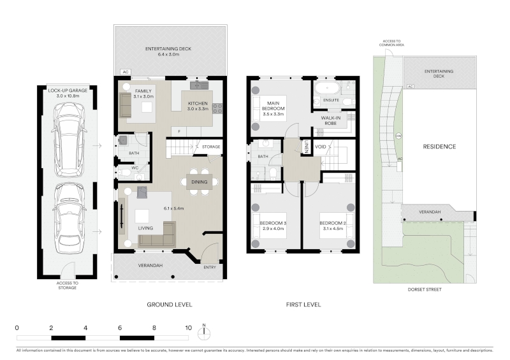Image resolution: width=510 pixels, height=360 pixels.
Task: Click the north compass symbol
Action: (x=204, y=333)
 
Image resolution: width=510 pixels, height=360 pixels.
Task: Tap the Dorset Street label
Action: (x=425, y=289)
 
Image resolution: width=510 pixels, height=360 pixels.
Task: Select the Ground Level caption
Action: (x=170, y=305)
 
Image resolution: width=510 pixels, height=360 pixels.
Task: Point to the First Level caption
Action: (x=303, y=305)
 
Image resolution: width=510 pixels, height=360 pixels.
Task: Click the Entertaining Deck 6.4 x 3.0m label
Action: (x=168, y=52)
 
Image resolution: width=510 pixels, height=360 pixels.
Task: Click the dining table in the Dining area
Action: (x=199, y=182)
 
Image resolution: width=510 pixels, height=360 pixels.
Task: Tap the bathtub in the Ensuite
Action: (x=327, y=87)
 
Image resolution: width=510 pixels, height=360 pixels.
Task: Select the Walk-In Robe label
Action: (x=330, y=120)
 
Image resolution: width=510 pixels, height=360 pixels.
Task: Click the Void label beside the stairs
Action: (x=321, y=147)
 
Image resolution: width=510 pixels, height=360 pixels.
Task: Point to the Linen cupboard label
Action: (x=307, y=147)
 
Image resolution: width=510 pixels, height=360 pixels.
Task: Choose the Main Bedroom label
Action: (x=273, y=108)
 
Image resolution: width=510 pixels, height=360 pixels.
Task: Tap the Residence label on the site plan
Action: (x=439, y=147)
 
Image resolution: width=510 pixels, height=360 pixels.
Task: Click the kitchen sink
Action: (x=199, y=85)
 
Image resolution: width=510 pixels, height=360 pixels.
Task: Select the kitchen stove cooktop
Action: (x=217, y=108)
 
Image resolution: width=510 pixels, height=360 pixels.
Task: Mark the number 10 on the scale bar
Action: (x=188, y=328)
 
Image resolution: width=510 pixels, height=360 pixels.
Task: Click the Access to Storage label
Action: (x=68, y=285)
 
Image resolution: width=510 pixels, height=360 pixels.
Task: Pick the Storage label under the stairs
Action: (x=211, y=147)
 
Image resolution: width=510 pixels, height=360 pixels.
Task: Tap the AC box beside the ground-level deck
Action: (x=126, y=72)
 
